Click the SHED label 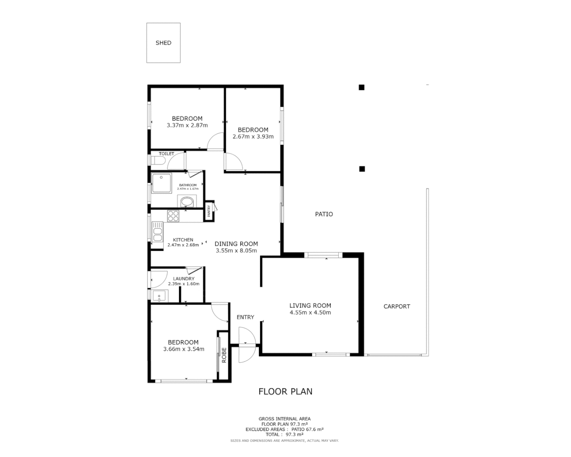(163, 43)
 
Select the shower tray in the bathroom (161, 183)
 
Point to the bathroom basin (187, 202)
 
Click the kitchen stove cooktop (173, 216)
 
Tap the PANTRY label (209, 211)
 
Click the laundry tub (160, 296)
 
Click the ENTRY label (245, 317)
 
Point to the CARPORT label (397, 306)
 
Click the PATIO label (324, 214)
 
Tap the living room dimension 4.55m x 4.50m (310, 313)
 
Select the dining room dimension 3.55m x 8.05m (236, 251)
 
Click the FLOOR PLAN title (285, 391)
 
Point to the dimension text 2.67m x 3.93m (253, 137)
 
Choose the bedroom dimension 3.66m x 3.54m (184, 349)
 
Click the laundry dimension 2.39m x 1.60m (184, 284)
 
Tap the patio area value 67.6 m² (313, 429)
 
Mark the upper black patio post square (362, 88)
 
